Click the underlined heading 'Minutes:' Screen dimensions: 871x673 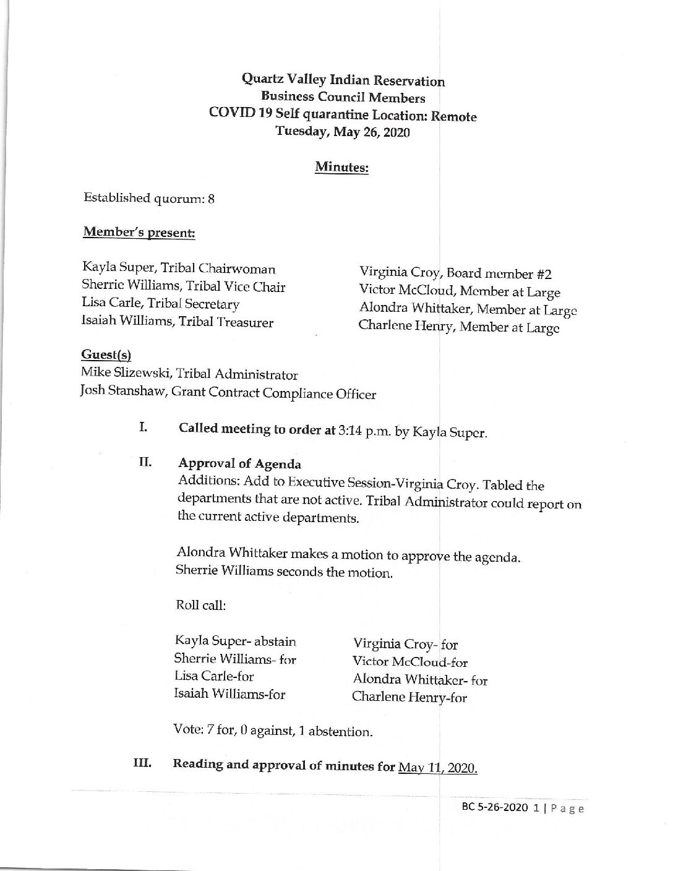(341, 167)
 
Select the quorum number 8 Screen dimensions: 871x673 (211, 199)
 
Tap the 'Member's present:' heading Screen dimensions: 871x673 (139, 233)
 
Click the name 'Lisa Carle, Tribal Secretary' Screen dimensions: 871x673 (160, 304)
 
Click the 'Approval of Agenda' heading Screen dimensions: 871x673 (239, 464)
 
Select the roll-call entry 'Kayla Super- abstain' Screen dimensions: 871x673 (236, 641)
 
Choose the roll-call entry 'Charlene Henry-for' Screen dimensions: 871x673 (409, 697)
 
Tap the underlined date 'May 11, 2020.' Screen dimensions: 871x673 (438, 768)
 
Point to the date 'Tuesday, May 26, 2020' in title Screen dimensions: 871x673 (342, 131)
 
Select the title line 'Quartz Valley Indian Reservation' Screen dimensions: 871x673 (343, 80)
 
